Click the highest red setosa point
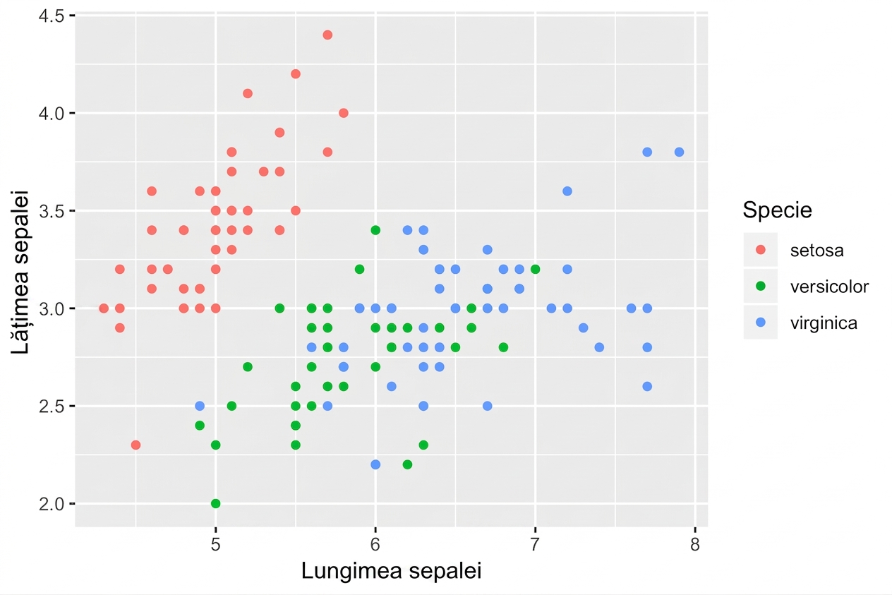pyautogui.click(x=327, y=35)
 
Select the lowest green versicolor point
pyautogui.click(x=215, y=503)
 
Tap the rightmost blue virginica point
pyautogui.click(x=679, y=152)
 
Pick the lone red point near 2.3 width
pyautogui.click(x=135, y=445)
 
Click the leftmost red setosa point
pyautogui.click(x=104, y=308)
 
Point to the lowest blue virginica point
pyautogui.click(x=375, y=464)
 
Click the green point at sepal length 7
pyautogui.click(x=535, y=269)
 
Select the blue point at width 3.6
pyautogui.click(x=567, y=191)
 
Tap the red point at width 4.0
pyautogui.click(x=343, y=113)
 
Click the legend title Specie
pyautogui.click(x=777, y=210)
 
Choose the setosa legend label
pyautogui.click(x=816, y=251)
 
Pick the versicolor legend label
pyautogui.click(x=829, y=287)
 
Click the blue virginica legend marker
pyautogui.click(x=761, y=322)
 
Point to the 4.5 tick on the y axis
pyautogui.click(x=72, y=16)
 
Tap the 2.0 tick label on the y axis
pyautogui.click(x=52, y=504)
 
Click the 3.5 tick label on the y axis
pyautogui.click(x=52, y=210)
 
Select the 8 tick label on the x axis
pyautogui.click(x=695, y=544)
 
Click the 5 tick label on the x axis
pyautogui.click(x=215, y=544)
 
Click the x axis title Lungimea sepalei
pyautogui.click(x=392, y=571)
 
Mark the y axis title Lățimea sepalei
pyautogui.click(x=20, y=272)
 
